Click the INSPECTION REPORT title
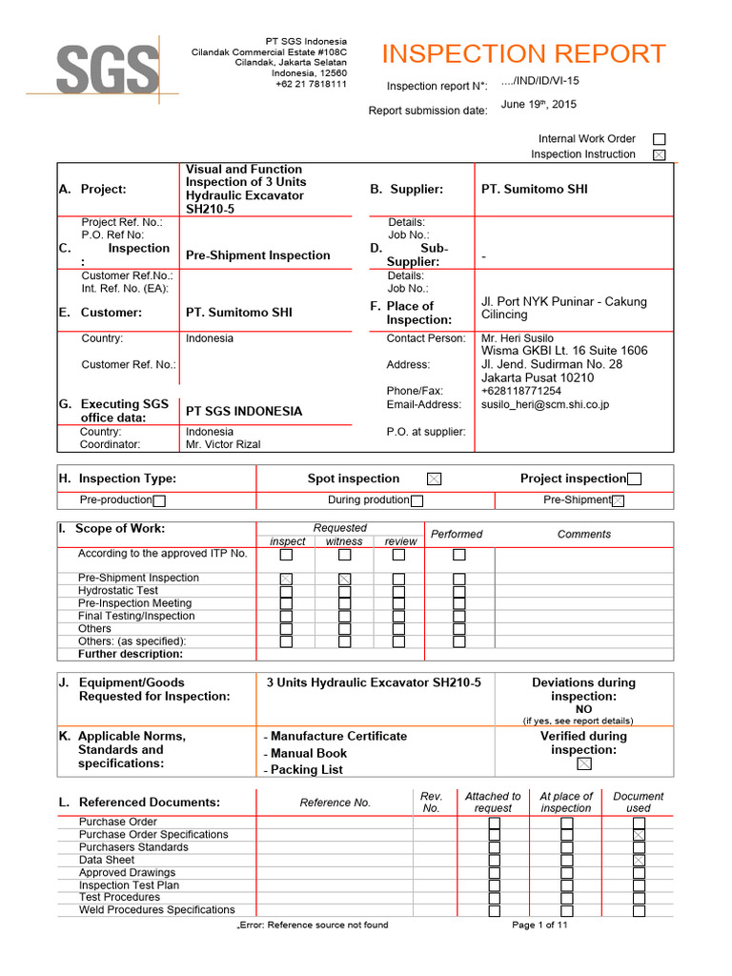[x=523, y=53]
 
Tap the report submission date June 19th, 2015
[x=538, y=105]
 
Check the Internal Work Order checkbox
[x=660, y=139]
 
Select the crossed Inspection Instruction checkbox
[x=660, y=154]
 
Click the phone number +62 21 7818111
[x=312, y=84]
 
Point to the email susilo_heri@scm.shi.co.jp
[x=545, y=404]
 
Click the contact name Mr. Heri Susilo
[x=518, y=338]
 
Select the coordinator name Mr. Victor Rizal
[x=223, y=444]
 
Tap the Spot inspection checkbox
[x=434, y=479]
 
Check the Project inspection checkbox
[x=635, y=479]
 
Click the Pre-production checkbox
[x=159, y=500]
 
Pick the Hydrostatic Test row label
[x=118, y=591]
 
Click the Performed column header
[x=457, y=535]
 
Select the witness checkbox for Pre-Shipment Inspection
[x=345, y=579]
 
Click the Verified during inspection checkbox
[x=584, y=764]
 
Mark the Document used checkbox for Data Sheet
[x=639, y=860]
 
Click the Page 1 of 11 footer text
[x=539, y=925]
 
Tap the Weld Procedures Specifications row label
[x=157, y=909]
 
